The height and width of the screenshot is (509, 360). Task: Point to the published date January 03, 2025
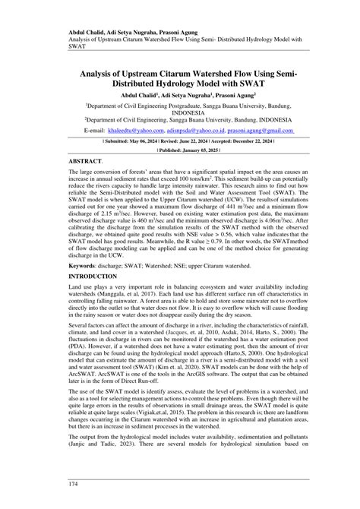click(197, 150)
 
